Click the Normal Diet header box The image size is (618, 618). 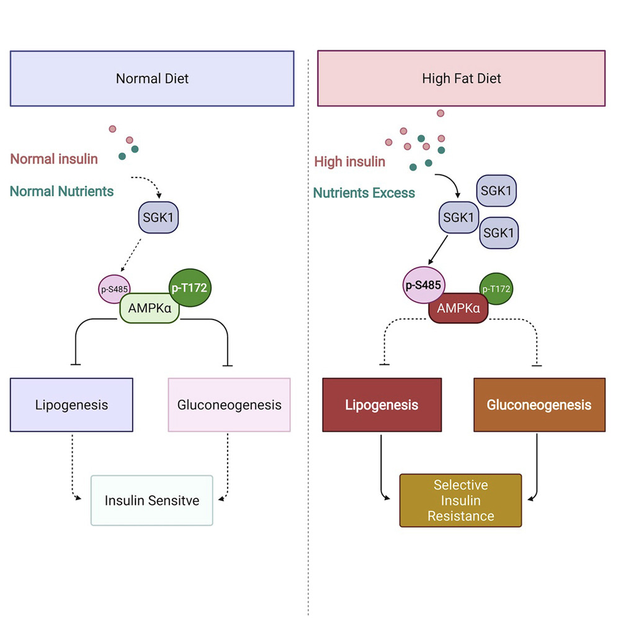pos(152,79)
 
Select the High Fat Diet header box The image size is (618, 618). pos(461,79)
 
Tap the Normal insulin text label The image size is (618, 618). pos(54,159)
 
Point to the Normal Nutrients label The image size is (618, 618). pos(61,191)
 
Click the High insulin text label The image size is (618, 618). pos(350,161)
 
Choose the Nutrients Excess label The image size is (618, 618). pos(364,193)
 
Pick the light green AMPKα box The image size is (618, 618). pos(150,307)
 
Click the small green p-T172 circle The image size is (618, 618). pos(496,290)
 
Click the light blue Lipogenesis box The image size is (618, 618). pos(71,405)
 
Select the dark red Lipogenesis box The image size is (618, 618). pos(382,405)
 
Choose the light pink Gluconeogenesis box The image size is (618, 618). pos(229,405)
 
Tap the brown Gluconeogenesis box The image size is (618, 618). pos(539,405)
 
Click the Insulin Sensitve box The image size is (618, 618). pos(152,500)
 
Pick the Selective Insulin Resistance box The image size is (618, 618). pos(460,500)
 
